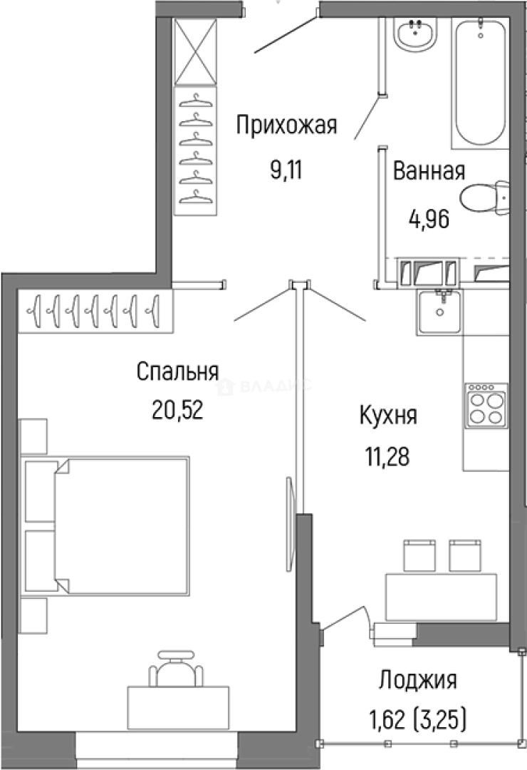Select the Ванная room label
point(429,172)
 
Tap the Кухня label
point(388,415)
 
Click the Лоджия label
point(417,679)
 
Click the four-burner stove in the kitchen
point(486,406)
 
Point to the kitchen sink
point(440,311)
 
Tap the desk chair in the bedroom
point(175,667)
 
